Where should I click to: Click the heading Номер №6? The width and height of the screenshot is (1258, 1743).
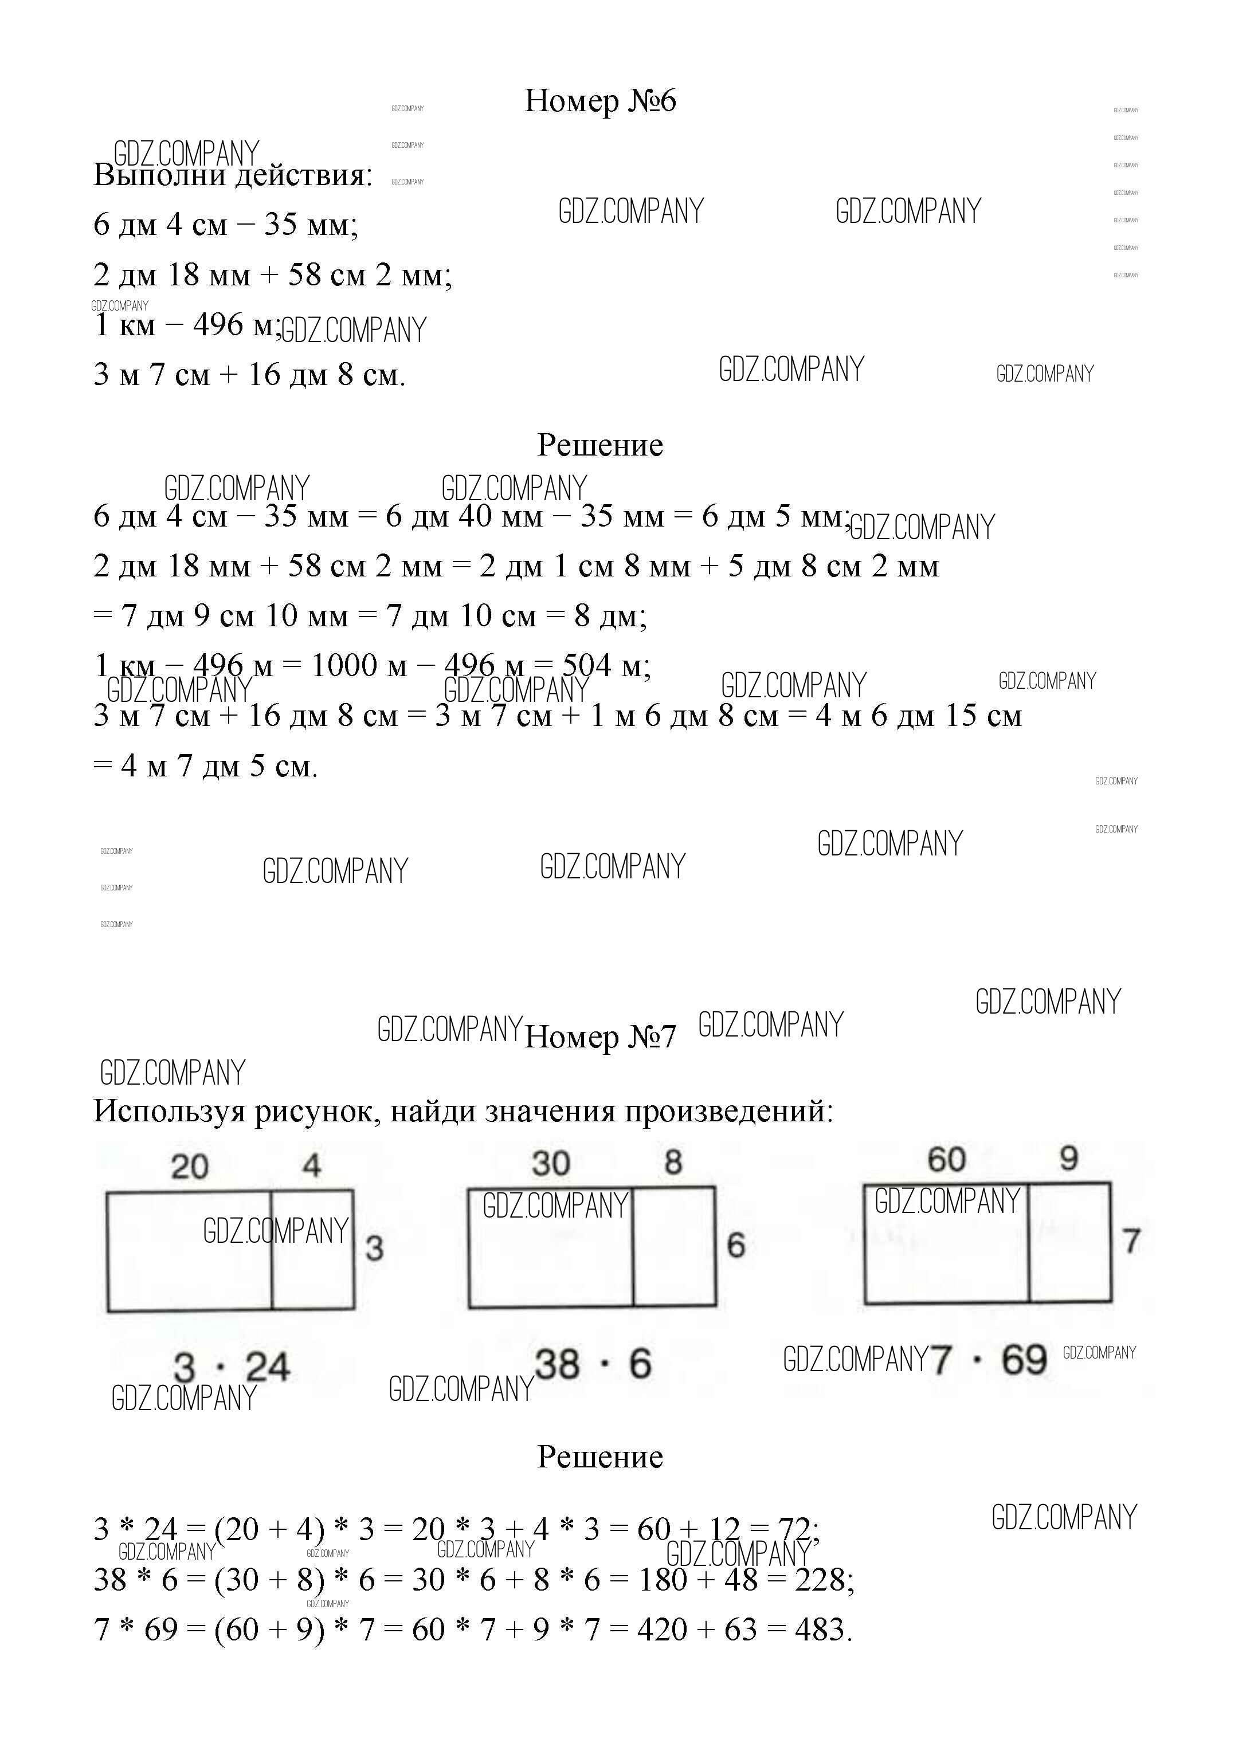599,101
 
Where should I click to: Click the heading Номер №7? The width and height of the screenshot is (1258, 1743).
599,1037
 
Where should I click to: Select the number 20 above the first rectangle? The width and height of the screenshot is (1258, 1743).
190,1167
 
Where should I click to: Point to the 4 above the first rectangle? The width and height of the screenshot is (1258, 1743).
311,1166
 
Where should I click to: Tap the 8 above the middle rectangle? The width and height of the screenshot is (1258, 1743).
673,1162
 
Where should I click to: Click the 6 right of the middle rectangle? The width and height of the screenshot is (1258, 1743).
736,1245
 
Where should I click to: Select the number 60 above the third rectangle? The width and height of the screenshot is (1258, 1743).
947,1160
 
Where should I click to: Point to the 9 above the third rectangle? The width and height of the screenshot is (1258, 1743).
1069,1158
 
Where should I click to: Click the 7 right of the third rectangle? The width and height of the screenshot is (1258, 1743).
1131,1241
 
